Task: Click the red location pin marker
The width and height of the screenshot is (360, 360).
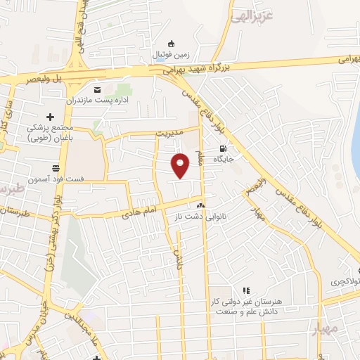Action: tap(181, 165)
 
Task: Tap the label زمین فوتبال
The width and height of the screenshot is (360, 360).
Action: tap(172, 53)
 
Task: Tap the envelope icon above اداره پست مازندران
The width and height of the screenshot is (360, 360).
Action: tap(97, 89)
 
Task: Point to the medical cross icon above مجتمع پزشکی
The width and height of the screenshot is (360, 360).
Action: tap(50, 117)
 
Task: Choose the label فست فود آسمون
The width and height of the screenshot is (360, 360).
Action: tap(57, 179)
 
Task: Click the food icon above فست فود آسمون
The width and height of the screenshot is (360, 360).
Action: tap(55, 167)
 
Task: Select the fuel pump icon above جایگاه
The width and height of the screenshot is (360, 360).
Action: tap(223, 148)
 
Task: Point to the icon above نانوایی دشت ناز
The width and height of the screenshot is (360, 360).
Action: tap(201, 205)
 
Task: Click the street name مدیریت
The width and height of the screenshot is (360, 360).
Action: tap(169, 132)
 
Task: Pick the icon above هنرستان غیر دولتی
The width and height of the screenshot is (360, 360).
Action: tap(246, 290)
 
